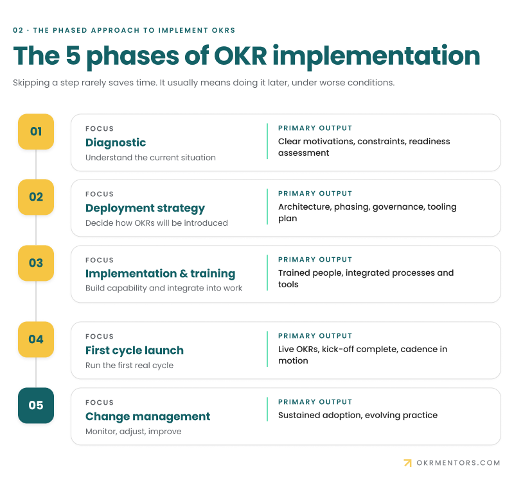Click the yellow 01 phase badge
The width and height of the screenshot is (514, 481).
pyautogui.click(x=36, y=131)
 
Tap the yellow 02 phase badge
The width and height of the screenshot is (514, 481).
pyautogui.click(x=36, y=197)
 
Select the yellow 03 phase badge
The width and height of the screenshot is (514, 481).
pyautogui.click(x=36, y=263)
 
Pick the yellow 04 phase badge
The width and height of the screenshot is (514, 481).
pyautogui.click(x=36, y=339)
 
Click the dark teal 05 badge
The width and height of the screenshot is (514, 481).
pyautogui.click(x=36, y=405)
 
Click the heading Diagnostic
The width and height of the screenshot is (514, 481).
pyautogui.click(x=116, y=142)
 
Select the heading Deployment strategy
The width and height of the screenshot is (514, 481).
pyautogui.click(x=145, y=208)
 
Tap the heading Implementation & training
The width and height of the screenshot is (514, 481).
pyautogui.click(x=160, y=274)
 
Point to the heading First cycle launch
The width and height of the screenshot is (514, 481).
pyautogui.click(x=134, y=350)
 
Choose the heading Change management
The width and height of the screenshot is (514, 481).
pyautogui.click(x=148, y=416)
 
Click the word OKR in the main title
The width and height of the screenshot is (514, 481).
pyautogui.click(x=240, y=56)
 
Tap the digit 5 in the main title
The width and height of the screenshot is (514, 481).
pyautogui.click(x=73, y=56)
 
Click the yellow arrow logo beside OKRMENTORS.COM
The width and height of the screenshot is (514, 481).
pyautogui.click(x=407, y=462)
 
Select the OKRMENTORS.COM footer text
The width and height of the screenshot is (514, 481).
pyautogui.click(x=458, y=463)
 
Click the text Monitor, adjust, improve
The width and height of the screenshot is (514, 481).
pyautogui.click(x=133, y=432)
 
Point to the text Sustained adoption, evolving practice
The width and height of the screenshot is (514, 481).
pyautogui.click(x=358, y=415)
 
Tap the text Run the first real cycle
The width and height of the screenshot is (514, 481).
pyautogui.click(x=129, y=366)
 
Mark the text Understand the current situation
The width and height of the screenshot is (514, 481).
pyautogui.click(x=150, y=158)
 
